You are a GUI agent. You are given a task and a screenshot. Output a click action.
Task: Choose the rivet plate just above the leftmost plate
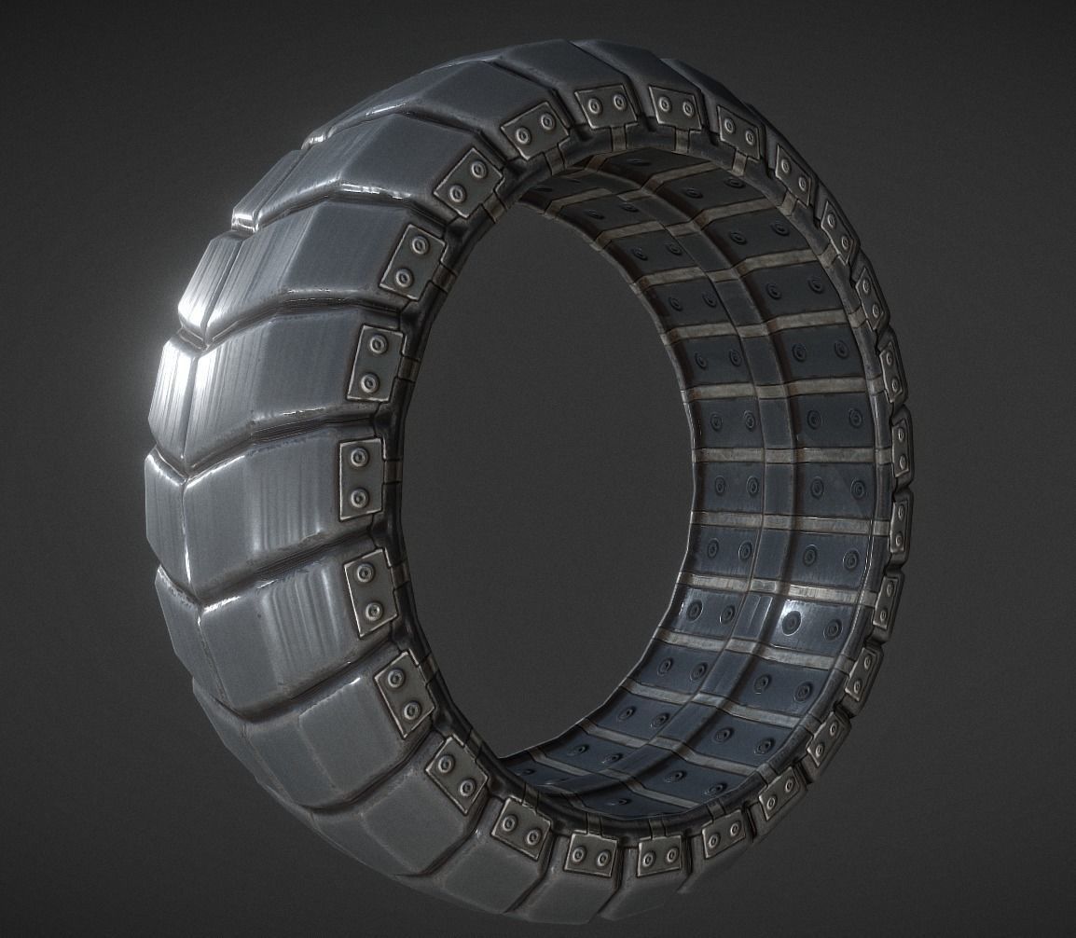tap(376, 363)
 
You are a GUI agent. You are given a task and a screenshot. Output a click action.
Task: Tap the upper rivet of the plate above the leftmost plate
tap(378, 345)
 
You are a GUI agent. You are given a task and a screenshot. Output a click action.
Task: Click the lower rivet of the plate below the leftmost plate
tap(373, 612)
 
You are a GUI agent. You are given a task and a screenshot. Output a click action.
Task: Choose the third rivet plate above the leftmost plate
tap(467, 183)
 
